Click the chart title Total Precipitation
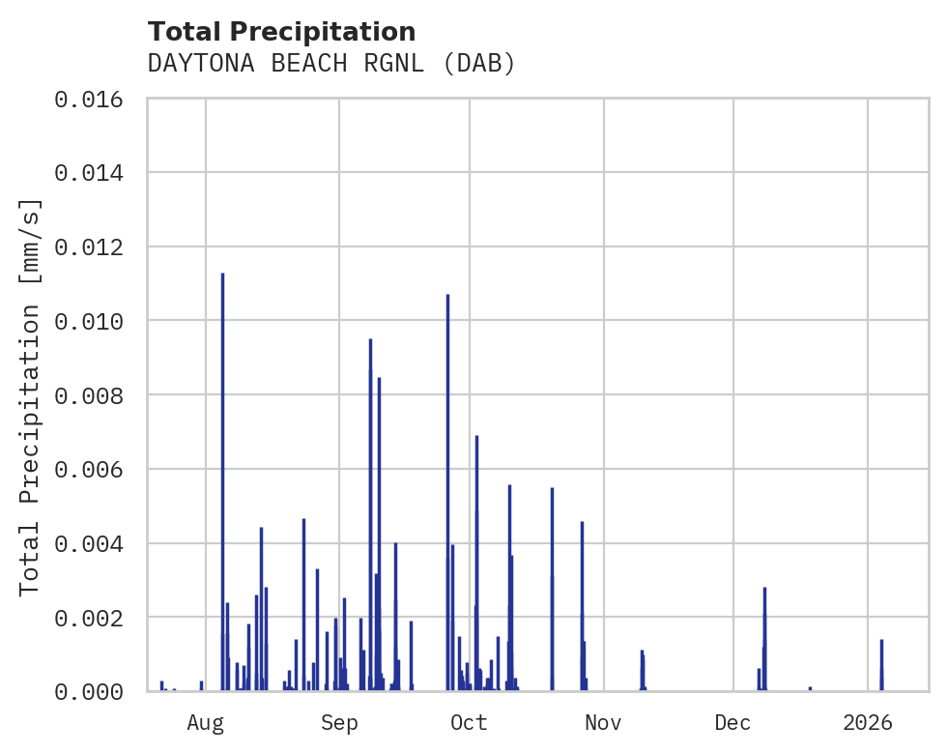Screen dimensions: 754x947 [x=281, y=32]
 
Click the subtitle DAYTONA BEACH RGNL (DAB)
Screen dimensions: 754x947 [x=331, y=64]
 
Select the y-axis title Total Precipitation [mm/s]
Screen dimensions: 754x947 [x=31, y=395]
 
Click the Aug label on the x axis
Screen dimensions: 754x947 [x=206, y=722]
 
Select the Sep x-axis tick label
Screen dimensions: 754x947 [x=339, y=722]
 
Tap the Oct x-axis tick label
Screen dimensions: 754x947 [x=470, y=722]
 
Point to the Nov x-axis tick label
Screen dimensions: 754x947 [x=603, y=722]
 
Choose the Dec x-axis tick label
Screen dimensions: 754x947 [x=733, y=722]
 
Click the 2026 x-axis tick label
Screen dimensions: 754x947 [x=868, y=722]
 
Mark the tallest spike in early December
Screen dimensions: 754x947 [x=764, y=638]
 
